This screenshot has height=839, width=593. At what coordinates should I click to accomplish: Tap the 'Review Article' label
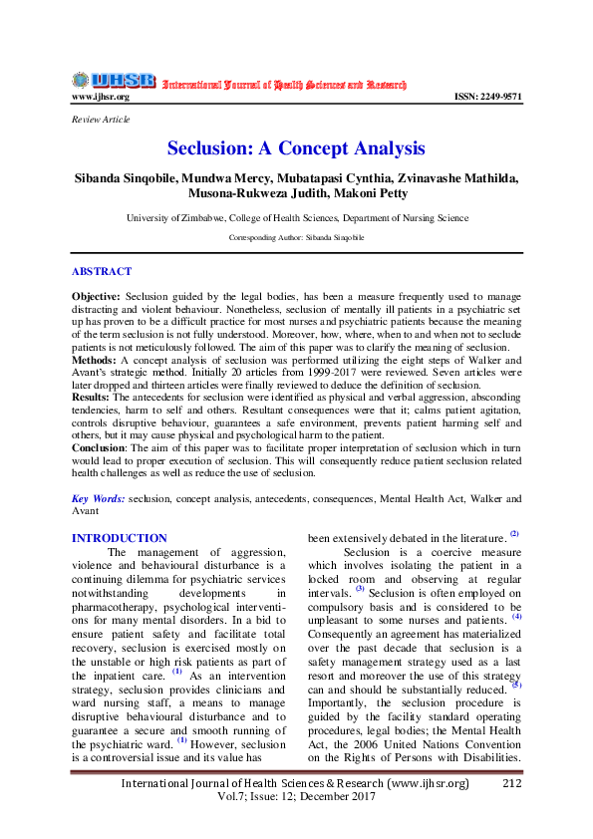(x=100, y=120)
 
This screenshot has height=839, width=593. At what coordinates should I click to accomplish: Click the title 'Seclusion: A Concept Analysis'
(x=296, y=149)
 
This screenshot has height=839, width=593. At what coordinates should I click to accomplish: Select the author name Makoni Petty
(x=370, y=193)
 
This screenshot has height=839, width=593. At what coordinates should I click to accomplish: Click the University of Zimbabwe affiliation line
(x=296, y=217)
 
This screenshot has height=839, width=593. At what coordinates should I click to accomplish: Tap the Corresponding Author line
(x=296, y=238)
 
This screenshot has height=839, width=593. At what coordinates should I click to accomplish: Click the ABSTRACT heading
(x=102, y=271)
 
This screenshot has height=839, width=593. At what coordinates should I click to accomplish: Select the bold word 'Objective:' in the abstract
(x=96, y=298)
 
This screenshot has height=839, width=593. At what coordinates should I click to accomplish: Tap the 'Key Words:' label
(x=99, y=498)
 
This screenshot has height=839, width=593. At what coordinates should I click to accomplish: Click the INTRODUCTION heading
(x=120, y=538)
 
